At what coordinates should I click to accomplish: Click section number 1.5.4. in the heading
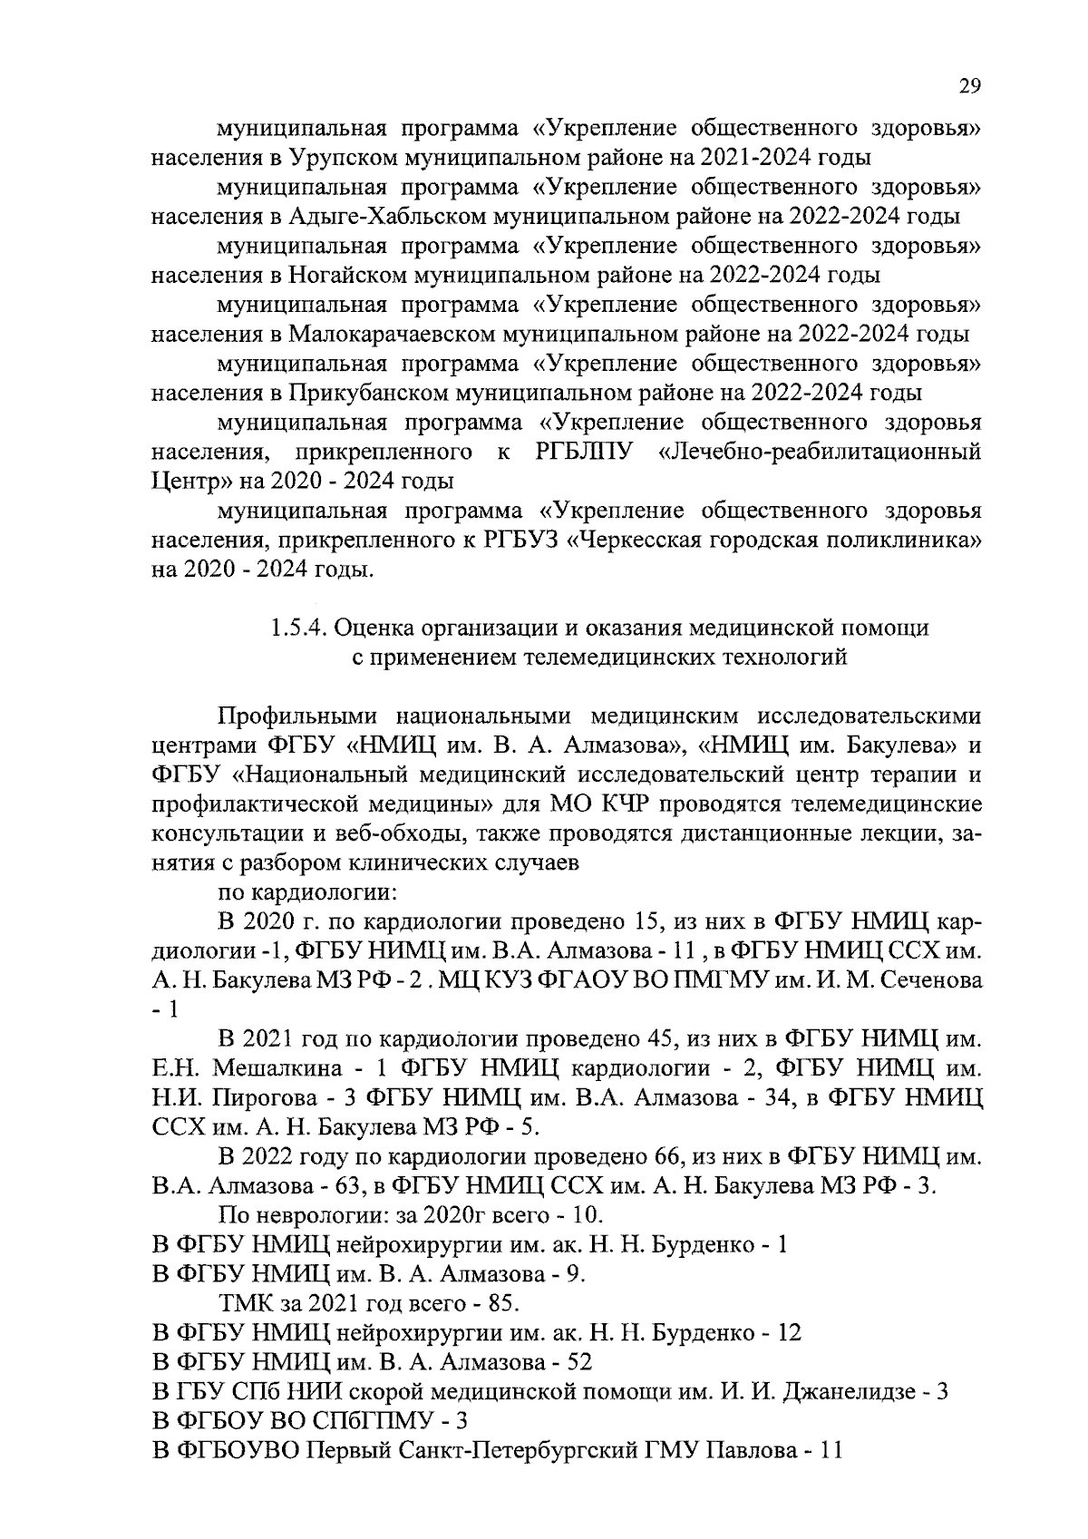[303, 627]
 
